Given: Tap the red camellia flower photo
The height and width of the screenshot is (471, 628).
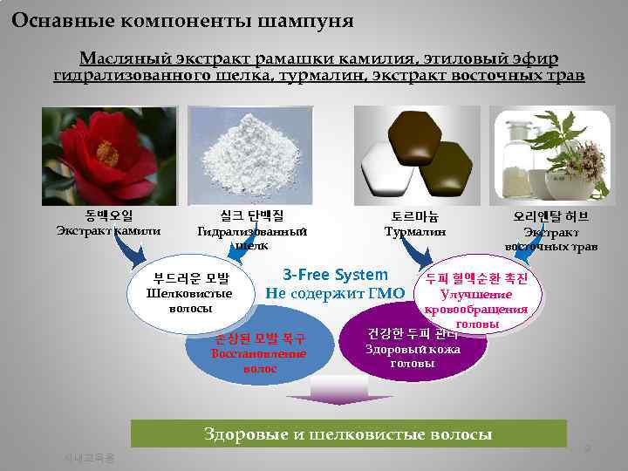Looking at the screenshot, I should pos(109,155).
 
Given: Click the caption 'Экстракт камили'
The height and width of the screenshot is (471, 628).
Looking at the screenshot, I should pos(109,231).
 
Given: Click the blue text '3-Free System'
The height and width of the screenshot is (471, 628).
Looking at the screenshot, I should pos(335,275).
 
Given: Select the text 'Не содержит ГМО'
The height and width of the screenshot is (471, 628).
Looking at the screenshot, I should pos(335,293).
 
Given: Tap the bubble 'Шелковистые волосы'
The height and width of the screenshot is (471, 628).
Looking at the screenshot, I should pos(191,301).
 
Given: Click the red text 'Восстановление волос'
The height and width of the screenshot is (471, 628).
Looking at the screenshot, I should pos(260,361).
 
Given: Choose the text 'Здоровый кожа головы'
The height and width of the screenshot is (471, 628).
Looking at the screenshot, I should pos(413,356).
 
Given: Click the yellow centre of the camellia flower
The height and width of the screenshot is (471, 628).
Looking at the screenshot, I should pos(107,154).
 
